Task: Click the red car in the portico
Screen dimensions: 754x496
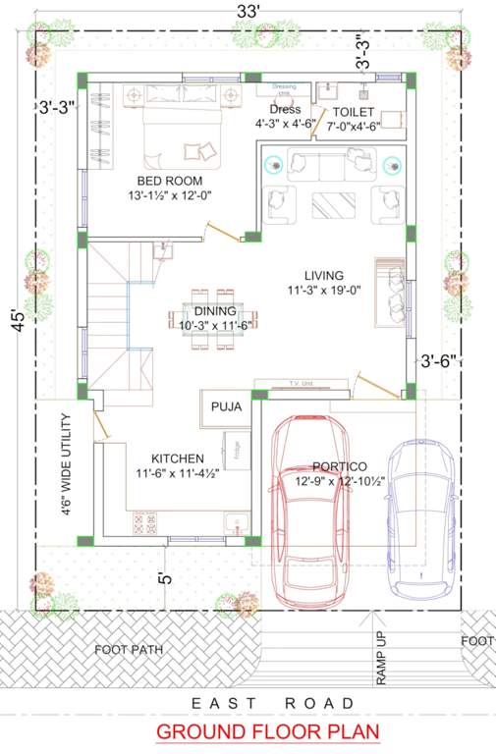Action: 306,511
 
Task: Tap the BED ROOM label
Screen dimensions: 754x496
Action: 170,181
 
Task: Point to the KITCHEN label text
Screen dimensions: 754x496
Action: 177,458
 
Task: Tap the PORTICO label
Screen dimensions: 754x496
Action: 339,466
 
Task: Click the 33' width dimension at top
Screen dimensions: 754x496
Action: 248,11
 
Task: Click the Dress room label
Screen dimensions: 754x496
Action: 285,110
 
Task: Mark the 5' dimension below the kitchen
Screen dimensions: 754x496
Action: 165,579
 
